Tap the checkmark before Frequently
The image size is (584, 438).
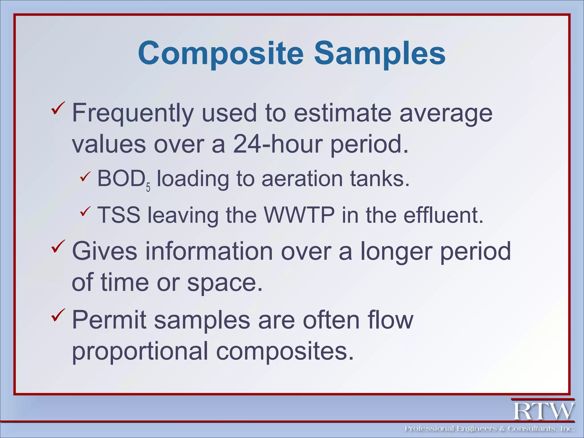58,108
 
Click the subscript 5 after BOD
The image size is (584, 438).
148,187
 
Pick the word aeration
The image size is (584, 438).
302,179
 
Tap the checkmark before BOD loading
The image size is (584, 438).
85,177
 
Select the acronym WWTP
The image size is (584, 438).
299,215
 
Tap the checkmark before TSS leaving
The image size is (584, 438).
85,212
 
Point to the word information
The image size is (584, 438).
209,251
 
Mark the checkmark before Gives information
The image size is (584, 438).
58,246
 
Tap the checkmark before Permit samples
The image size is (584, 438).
58,315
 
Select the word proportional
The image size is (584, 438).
140,351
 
